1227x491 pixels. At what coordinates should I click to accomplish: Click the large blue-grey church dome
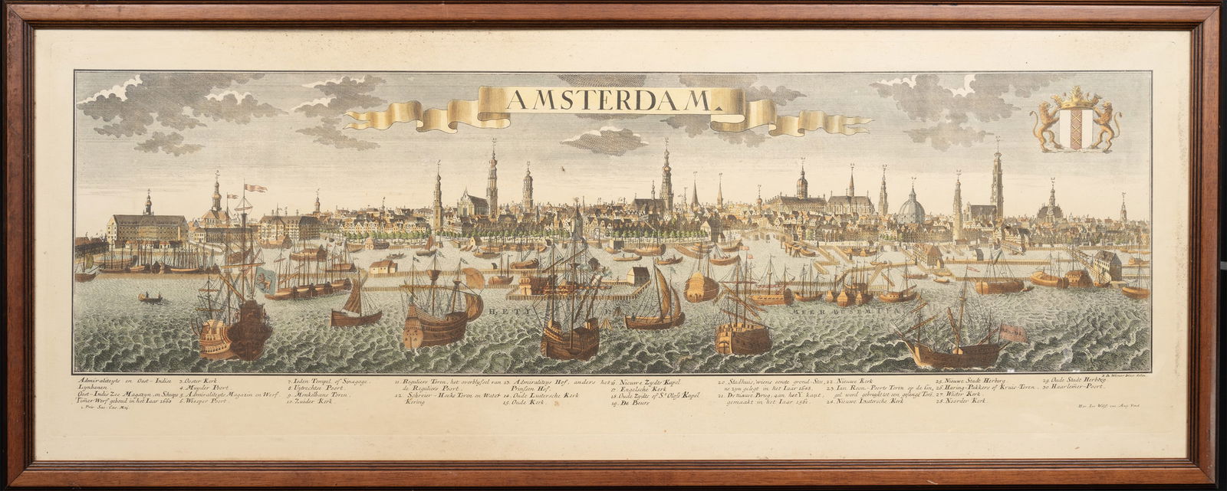tap(911, 205)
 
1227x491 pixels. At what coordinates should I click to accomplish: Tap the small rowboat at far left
tap(150, 297)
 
